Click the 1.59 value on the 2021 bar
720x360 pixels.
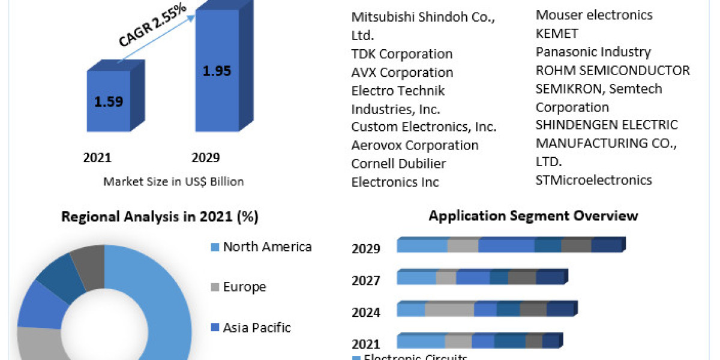pyautogui.click(x=109, y=101)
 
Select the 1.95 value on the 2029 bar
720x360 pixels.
pyautogui.click(x=217, y=71)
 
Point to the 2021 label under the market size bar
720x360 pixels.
pyautogui.click(x=97, y=158)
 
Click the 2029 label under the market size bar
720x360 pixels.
pyautogui.click(x=206, y=158)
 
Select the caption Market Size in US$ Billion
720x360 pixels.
pyautogui.click(x=173, y=181)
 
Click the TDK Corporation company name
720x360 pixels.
pyautogui.click(x=401, y=54)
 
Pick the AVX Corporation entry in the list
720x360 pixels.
pyautogui.click(x=402, y=73)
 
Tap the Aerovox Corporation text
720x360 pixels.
pyautogui.click(x=415, y=145)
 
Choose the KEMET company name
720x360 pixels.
pyautogui.click(x=557, y=33)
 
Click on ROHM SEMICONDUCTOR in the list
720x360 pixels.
pyautogui.click(x=613, y=70)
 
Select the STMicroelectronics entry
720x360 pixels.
pyautogui.click(x=593, y=179)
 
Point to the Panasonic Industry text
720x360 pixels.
pyautogui.click(x=593, y=52)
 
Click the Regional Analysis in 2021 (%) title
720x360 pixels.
pyautogui.click(x=160, y=217)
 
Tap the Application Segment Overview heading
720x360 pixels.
pyautogui.click(x=533, y=215)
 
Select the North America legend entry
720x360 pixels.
pyautogui.click(x=267, y=247)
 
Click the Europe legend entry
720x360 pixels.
pyautogui.click(x=244, y=287)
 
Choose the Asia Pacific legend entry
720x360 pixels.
pyautogui.click(x=256, y=328)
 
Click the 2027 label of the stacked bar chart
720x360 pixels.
pyautogui.click(x=366, y=281)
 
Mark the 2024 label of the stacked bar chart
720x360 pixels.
pyautogui.click(x=366, y=312)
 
